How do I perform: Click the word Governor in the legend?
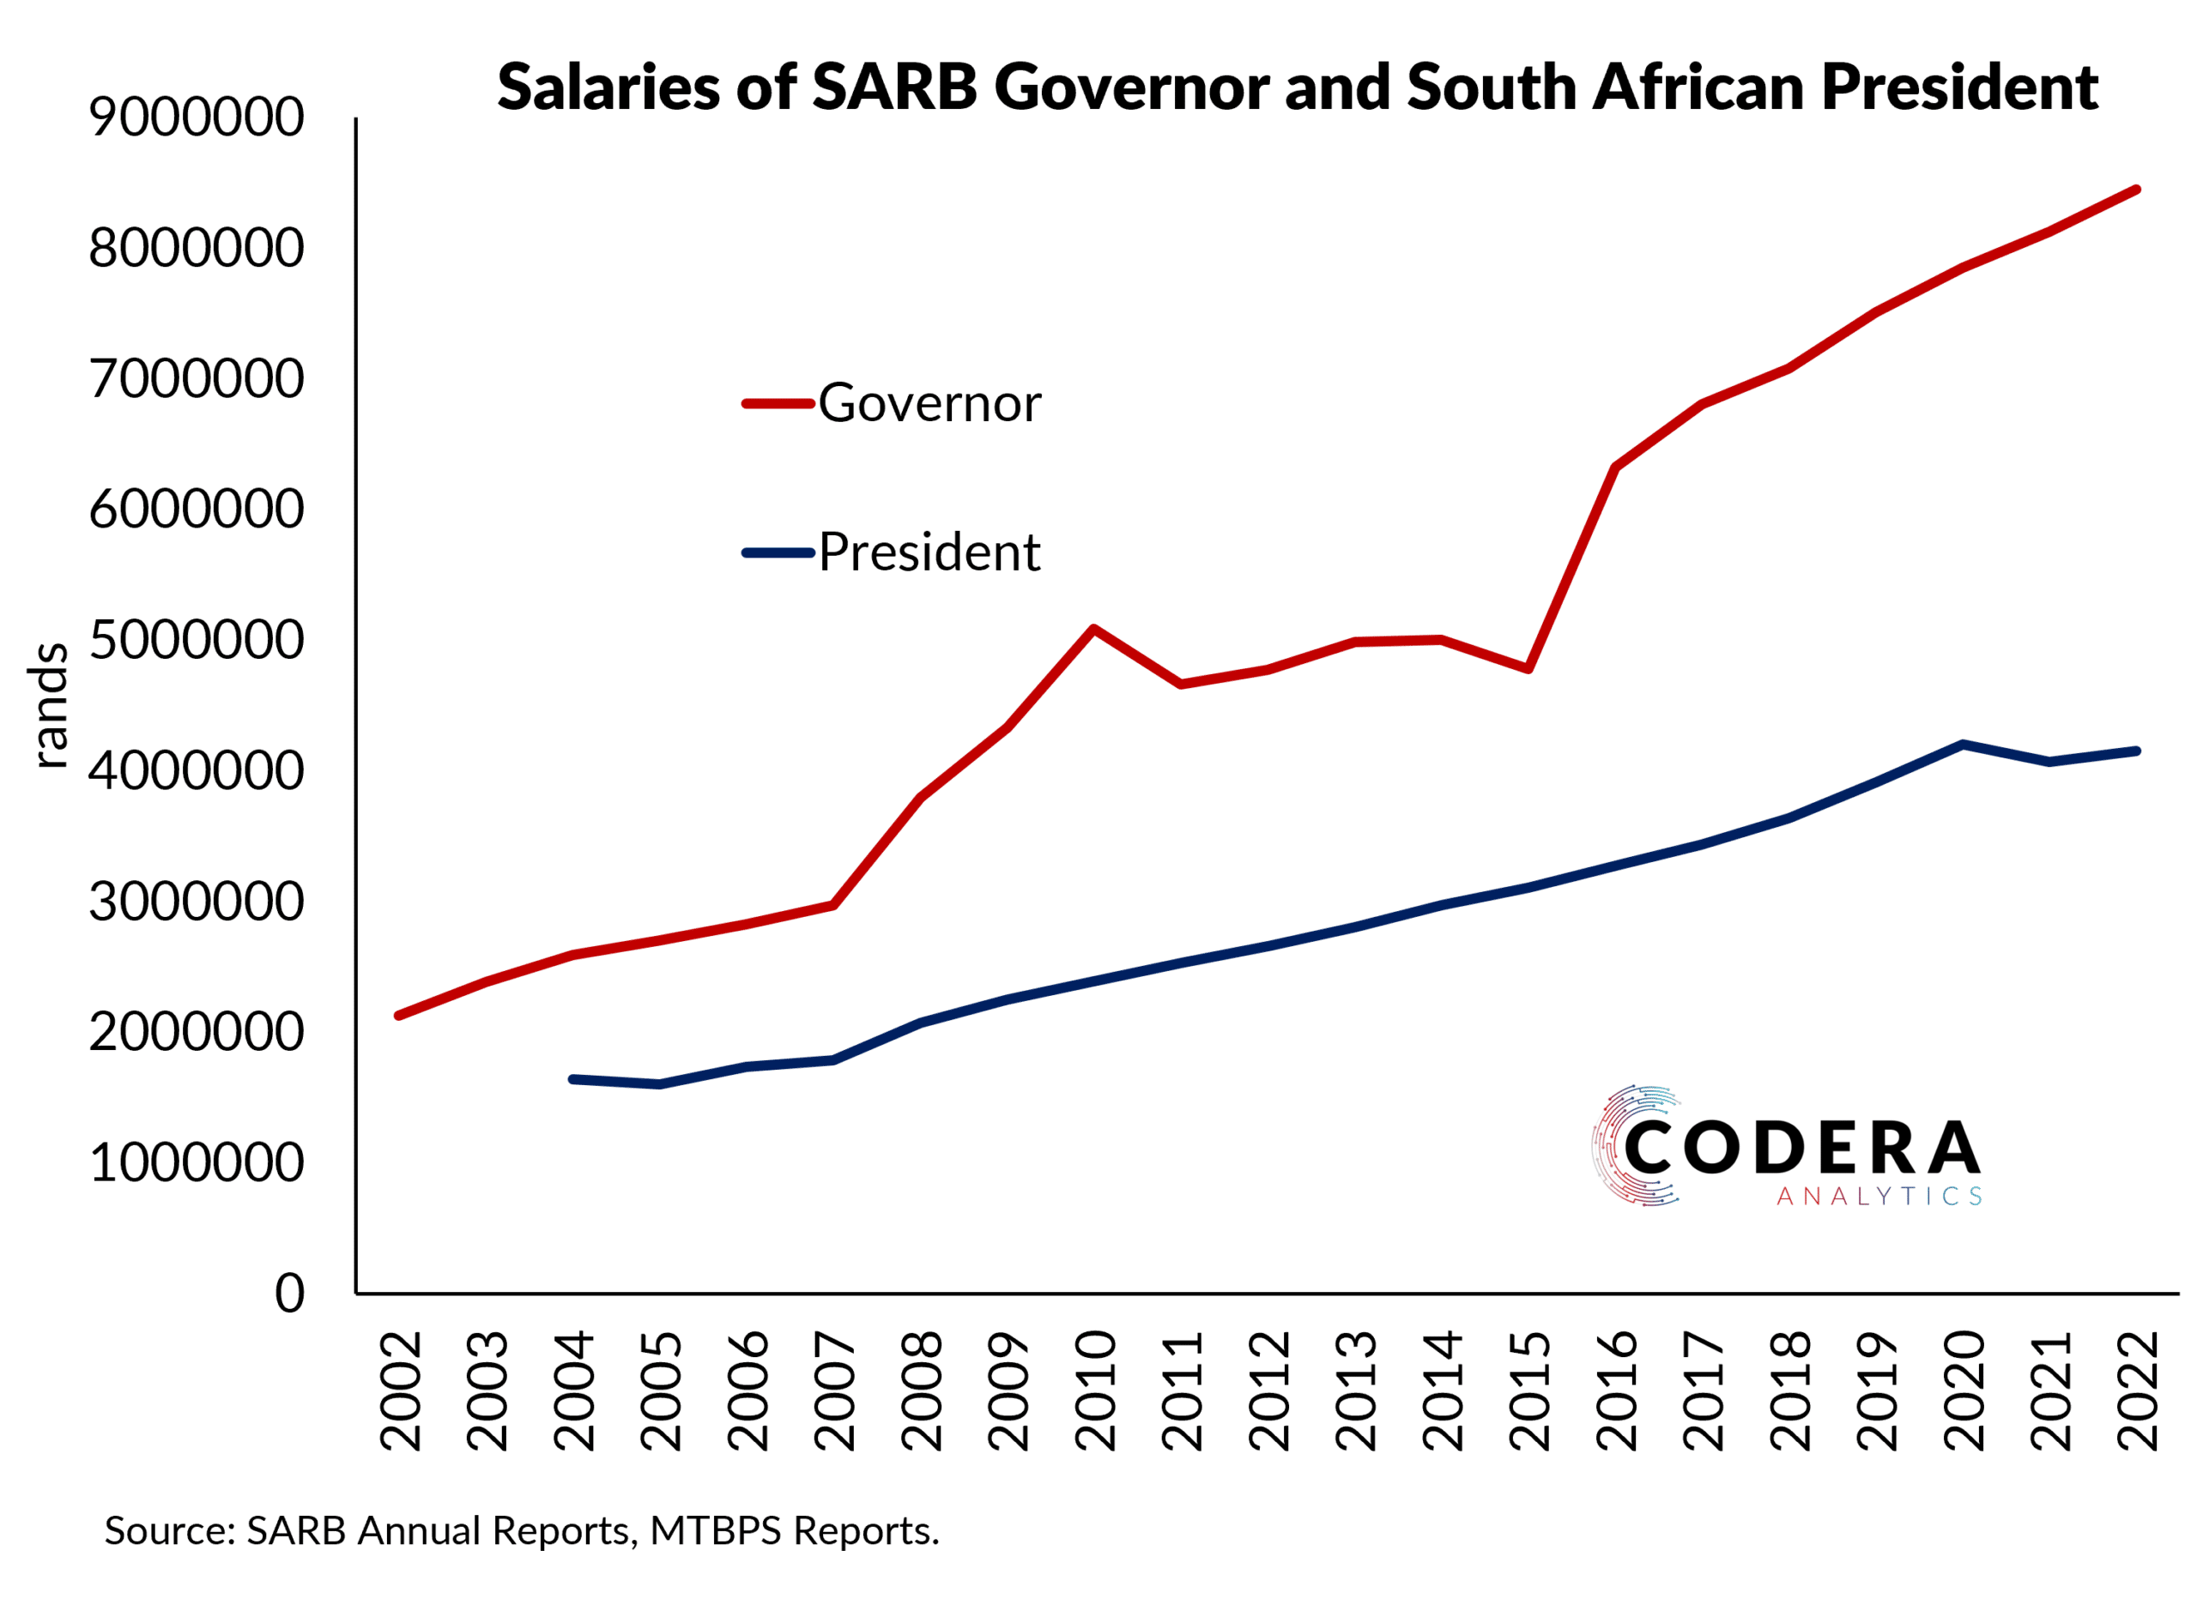pyautogui.click(x=928, y=402)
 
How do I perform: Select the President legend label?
pyautogui.click(x=928, y=552)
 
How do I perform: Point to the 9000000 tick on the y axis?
pyautogui.click(x=197, y=117)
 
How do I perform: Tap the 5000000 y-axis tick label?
pyautogui.click(x=197, y=639)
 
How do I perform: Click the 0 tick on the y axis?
pyautogui.click(x=288, y=1292)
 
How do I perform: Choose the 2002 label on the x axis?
pyautogui.click(x=400, y=1391)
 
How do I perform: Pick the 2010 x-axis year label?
pyautogui.click(x=1095, y=1391)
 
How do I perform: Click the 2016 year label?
pyautogui.click(x=1616, y=1391)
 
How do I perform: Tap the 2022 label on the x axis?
pyautogui.click(x=2137, y=1391)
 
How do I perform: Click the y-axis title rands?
pyautogui.click(x=49, y=705)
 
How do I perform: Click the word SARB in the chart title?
pyautogui.click(x=894, y=87)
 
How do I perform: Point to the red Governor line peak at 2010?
pyautogui.click(x=1093, y=629)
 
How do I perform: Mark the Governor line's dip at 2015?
pyautogui.click(x=1528, y=668)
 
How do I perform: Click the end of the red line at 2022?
pyautogui.click(x=2136, y=190)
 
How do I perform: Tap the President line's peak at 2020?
pyautogui.click(x=1963, y=745)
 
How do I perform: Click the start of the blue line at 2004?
pyautogui.click(x=572, y=1078)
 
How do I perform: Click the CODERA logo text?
pyautogui.click(x=1801, y=1148)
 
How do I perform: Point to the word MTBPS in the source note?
pyautogui.click(x=716, y=1530)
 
